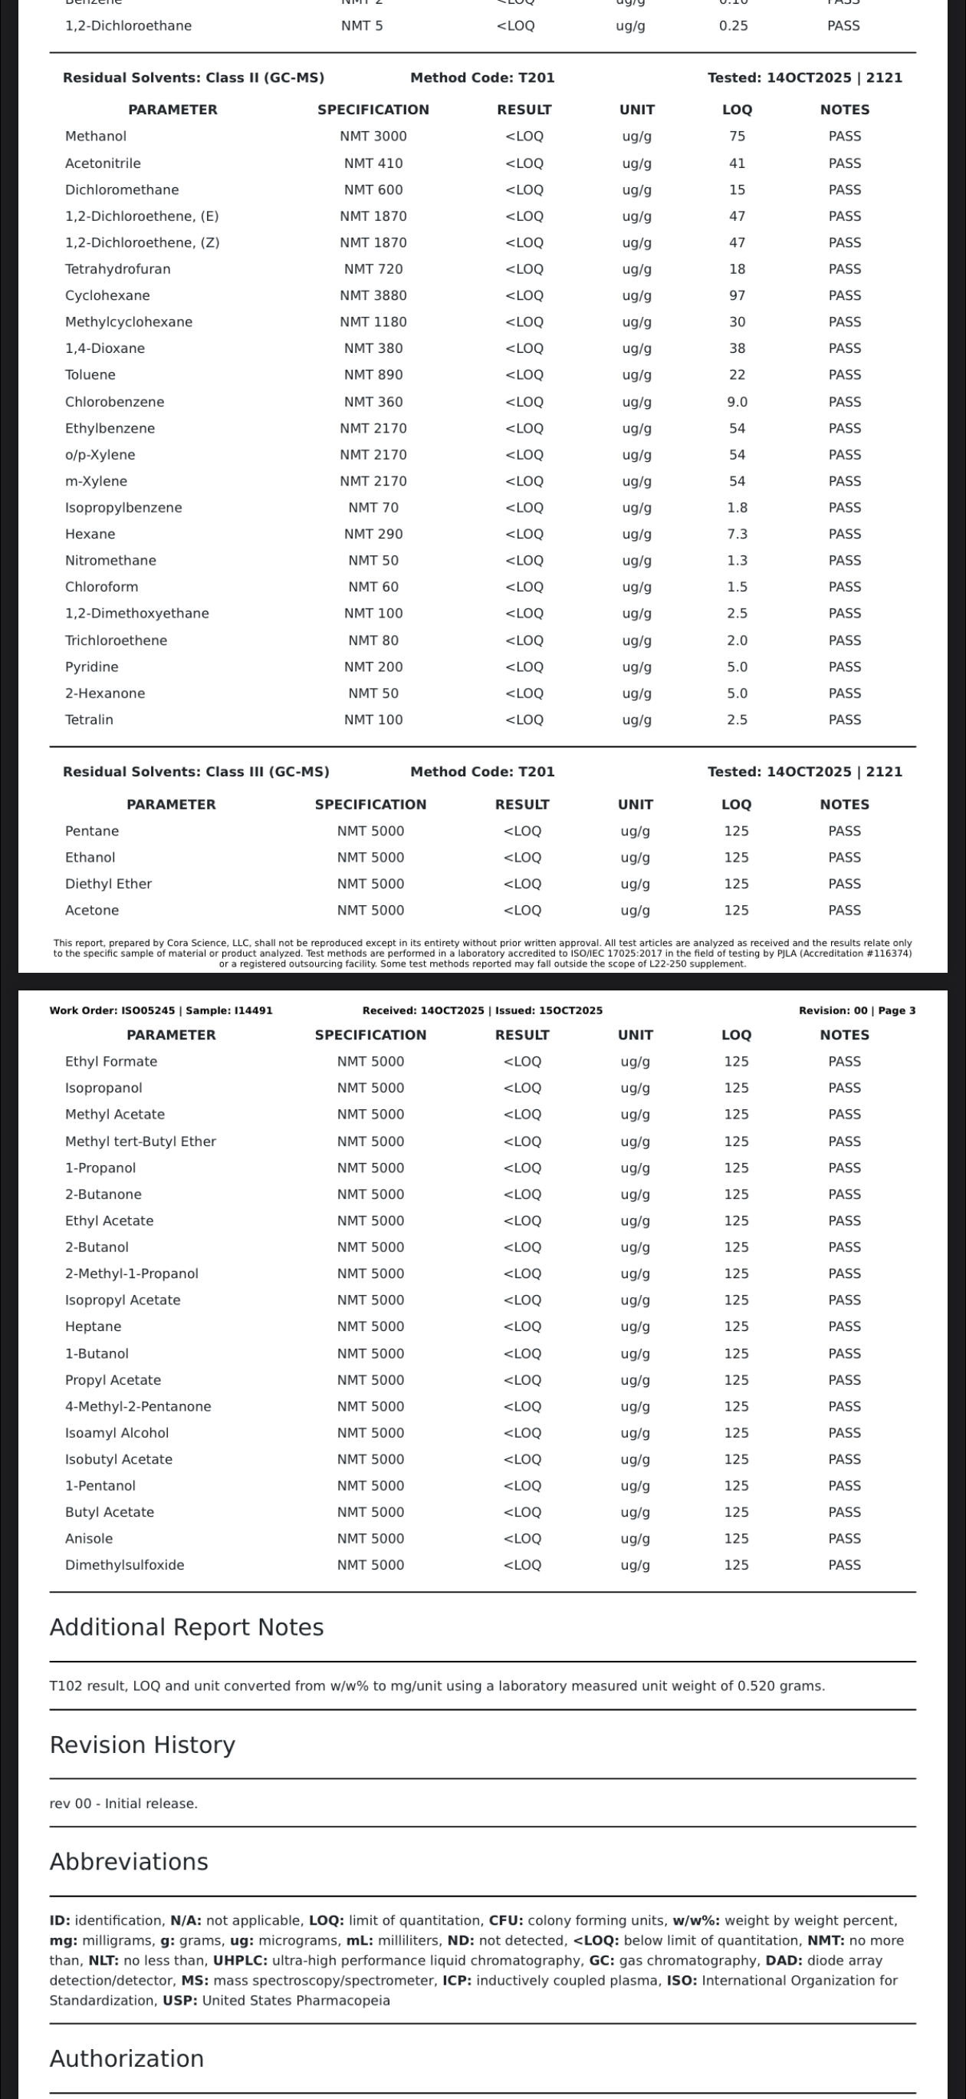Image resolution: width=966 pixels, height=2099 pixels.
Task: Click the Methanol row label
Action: pos(95,136)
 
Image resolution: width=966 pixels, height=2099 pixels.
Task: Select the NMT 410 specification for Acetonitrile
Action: pos(373,163)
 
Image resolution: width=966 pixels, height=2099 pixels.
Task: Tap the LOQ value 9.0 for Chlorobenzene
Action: pos(737,402)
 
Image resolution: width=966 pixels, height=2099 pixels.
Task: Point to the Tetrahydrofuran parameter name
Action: pos(117,269)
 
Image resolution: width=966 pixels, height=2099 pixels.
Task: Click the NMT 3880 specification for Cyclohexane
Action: pos(373,295)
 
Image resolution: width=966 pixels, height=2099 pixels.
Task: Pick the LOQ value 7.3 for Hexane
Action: pos(737,534)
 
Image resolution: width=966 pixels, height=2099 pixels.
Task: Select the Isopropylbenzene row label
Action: pos(123,508)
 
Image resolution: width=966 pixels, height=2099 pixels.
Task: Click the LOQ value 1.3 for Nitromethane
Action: pos(737,561)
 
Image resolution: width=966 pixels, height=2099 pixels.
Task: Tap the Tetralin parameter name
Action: pos(89,720)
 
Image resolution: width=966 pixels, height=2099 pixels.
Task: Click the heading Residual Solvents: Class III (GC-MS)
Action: pos(195,772)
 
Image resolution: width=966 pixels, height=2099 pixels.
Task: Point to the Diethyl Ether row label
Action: pos(108,884)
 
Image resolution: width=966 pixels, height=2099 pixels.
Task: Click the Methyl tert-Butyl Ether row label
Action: pos(140,1142)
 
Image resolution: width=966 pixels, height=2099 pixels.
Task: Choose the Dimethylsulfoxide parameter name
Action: pos(125,1565)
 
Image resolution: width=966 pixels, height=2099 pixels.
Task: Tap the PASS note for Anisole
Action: pos(844,1538)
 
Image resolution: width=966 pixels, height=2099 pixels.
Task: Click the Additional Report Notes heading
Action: pos(186,1627)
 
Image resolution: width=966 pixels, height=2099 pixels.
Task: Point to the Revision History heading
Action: pos(143,1745)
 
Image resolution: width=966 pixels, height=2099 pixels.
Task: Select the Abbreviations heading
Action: pos(129,1862)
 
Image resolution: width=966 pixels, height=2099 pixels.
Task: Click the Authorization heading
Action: pos(127,2058)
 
